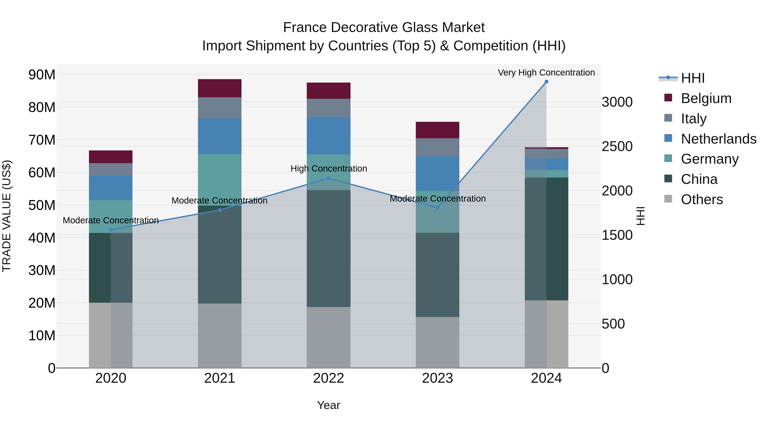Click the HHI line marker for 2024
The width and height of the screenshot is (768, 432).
(546, 82)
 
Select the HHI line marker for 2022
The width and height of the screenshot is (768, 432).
(329, 178)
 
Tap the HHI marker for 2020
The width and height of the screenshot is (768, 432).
(111, 230)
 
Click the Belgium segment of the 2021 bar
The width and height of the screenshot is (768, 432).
(220, 88)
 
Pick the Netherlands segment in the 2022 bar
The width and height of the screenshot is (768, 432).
(329, 136)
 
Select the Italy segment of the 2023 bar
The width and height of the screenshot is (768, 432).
(437, 147)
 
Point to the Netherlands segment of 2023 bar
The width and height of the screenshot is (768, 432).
(437, 173)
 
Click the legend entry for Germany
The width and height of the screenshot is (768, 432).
(709, 159)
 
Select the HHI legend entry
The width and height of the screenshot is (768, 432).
(692, 78)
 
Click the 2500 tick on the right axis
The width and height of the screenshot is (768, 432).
(617, 146)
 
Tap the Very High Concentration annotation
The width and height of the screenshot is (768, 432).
(546, 73)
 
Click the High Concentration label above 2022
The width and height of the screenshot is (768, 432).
(329, 169)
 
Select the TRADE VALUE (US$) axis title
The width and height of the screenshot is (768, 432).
(7, 216)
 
